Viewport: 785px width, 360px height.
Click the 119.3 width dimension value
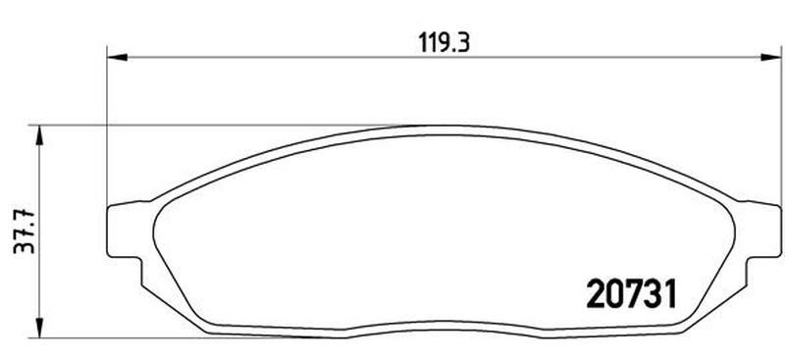pos(445,43)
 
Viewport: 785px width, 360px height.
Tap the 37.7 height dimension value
pos(25,231)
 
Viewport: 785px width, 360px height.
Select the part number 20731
pos(631,294)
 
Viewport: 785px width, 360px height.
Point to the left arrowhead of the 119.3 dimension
pos(117,57)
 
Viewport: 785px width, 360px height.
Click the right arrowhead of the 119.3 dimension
pos(770,57)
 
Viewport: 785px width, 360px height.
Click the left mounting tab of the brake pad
pos(126,231)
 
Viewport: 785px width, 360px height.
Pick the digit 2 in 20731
pos(596,294)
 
